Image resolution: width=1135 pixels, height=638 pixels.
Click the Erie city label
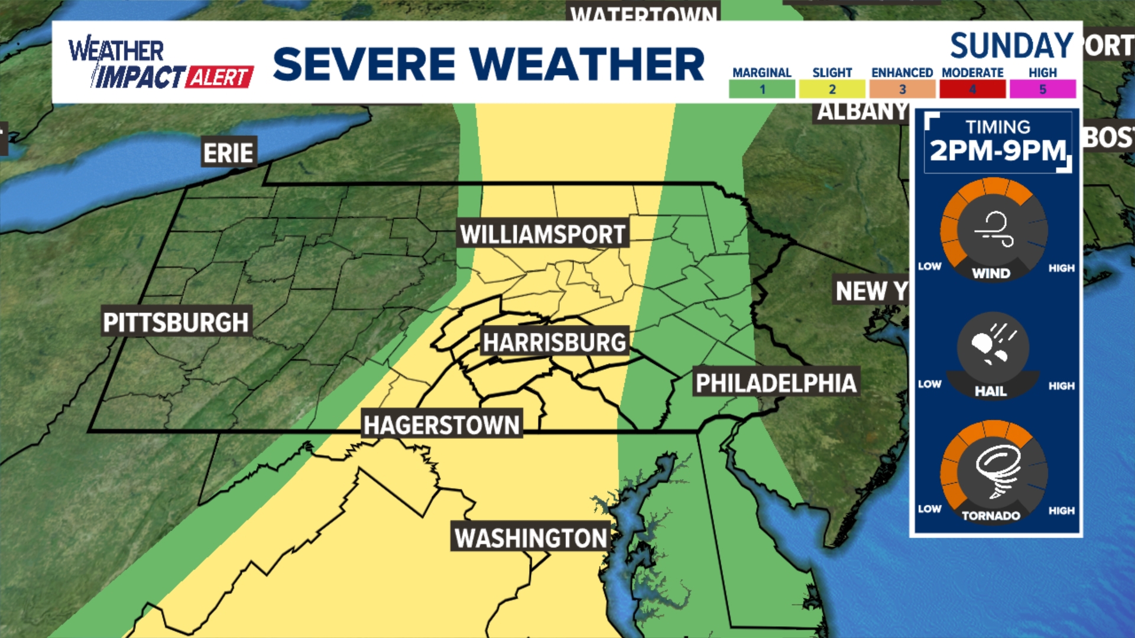(x=228, y=153)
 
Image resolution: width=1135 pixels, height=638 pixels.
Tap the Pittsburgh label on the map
(x=176, y=322)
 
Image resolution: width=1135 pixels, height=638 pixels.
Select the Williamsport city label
(x=543, y=235)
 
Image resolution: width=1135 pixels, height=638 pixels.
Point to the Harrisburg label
(x=554, y=342)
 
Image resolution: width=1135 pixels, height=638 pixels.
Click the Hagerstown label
(x=442, y=425)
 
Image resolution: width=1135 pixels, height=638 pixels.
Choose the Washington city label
(x=530, y=538)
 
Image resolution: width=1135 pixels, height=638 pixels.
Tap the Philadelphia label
(x=776, y=383)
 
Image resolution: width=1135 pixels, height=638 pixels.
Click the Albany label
(x=862, y=111)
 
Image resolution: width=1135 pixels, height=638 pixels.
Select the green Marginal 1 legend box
(x=761, y=89)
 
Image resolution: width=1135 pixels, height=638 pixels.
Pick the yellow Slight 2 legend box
(x=832, y=89)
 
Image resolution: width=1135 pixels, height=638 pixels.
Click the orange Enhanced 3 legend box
(x=902, y=89)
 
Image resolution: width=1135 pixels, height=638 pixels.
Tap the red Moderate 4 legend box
(x=972, y=89)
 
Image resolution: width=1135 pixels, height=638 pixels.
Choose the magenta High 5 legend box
(x=1042, y=89)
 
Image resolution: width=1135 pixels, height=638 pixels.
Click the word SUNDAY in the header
(x=1011, y=46)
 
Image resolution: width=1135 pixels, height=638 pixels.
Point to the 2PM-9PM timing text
(x=998, y=151)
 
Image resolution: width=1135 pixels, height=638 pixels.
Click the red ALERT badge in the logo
(x=219, y=77)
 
